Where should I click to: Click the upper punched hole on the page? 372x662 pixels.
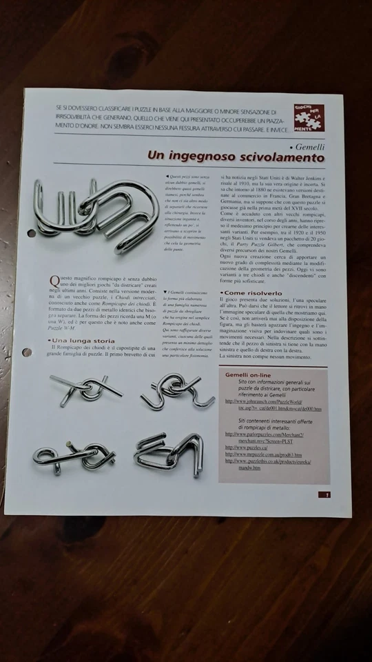(x=31, y=233)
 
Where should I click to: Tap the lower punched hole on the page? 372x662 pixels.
(x=28, y=352)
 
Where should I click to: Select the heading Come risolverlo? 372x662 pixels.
(x=253, y=292)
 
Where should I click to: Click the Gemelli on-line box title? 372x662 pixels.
(x=251, y=374)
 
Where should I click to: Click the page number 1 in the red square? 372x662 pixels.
(x=327, y=494)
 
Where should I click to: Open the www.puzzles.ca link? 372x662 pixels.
(x=243, y=448)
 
